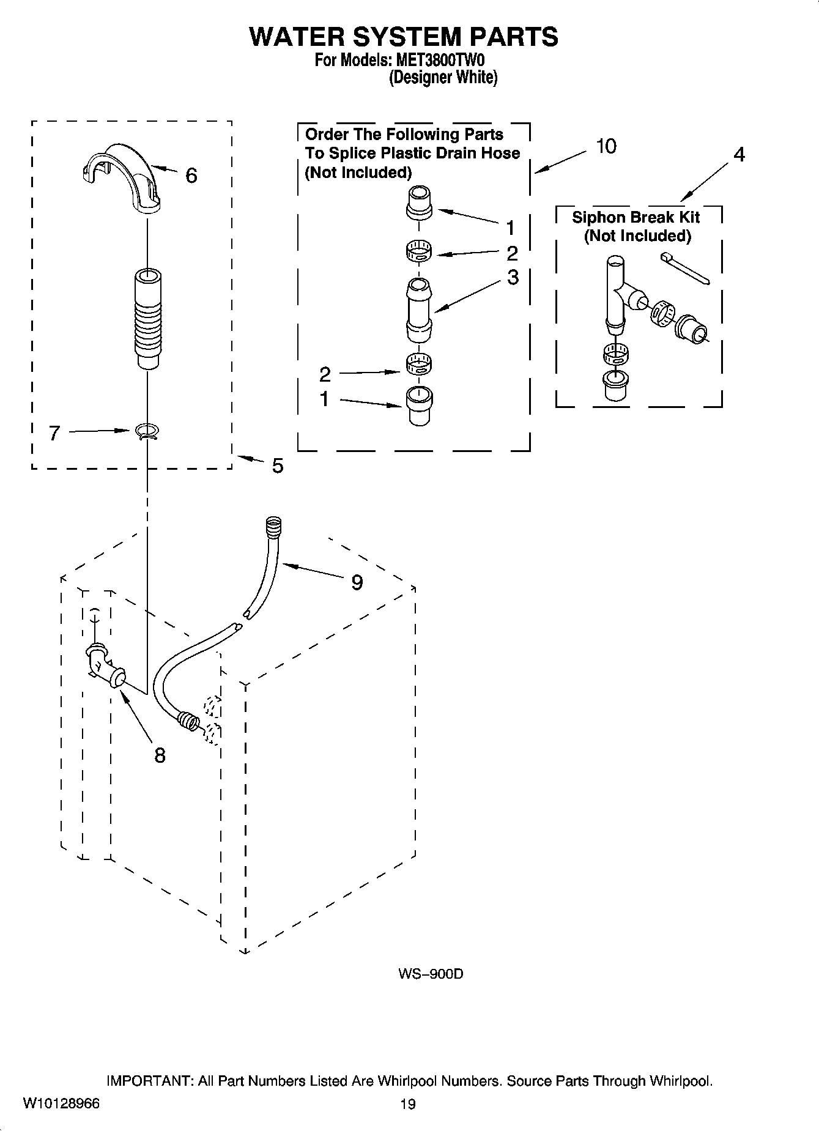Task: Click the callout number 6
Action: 191,176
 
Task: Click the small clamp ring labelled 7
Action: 147,432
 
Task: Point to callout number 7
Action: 54,433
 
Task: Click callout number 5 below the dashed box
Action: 277,466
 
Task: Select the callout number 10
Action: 606,146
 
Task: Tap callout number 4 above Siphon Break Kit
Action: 739,155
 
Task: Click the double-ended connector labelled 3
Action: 419,310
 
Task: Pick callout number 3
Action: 513,276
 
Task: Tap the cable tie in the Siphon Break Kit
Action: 686,270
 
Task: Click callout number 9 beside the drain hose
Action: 357,582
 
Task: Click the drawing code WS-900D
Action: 431,974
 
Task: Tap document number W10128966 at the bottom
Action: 61,1103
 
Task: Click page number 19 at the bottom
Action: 408,1104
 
